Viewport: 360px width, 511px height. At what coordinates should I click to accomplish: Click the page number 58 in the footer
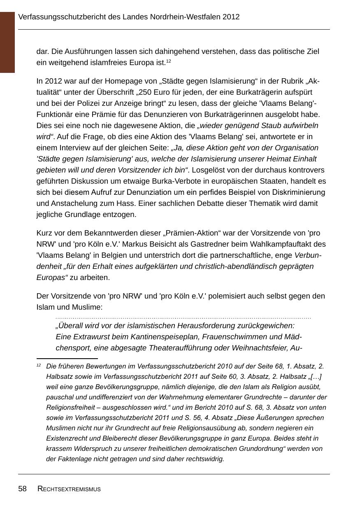pos(22,489)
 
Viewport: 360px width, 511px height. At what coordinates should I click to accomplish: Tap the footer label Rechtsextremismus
pos(69,489)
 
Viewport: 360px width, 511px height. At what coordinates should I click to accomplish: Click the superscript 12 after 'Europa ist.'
pos(169,61)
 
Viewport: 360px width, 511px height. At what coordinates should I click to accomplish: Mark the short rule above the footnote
pos(67,359)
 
